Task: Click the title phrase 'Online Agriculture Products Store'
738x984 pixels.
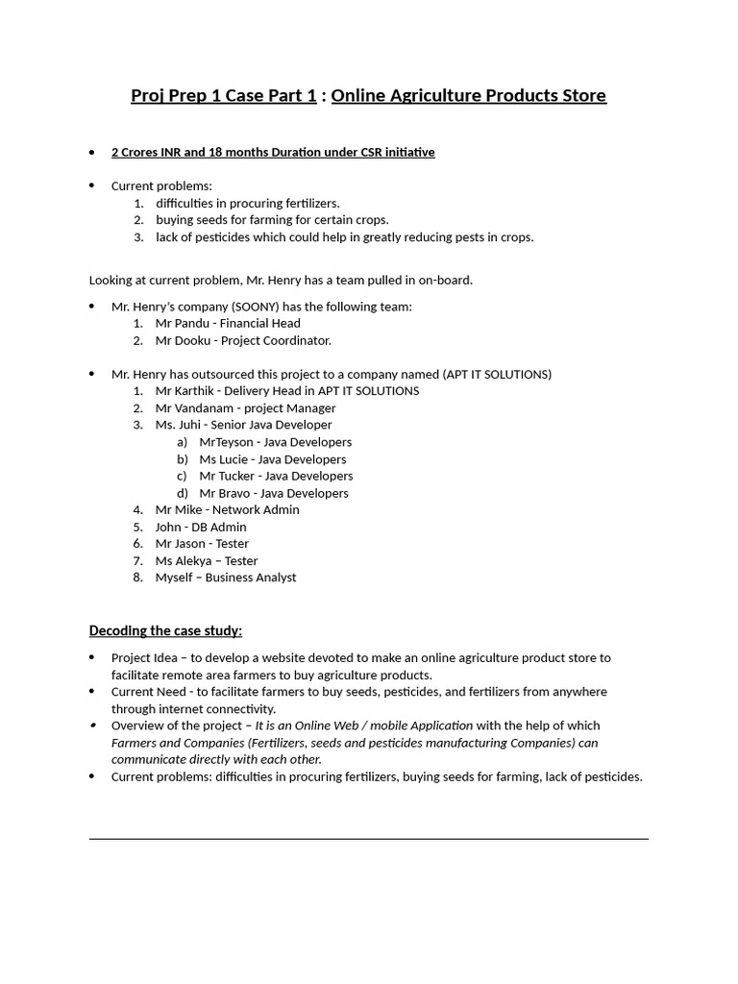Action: (x=469, y=95)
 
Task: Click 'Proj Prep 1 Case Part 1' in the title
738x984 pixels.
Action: (x=224, y=95)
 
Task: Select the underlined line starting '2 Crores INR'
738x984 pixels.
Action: (x=273, y=152)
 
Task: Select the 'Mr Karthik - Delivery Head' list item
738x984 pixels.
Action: (x=286, y=390)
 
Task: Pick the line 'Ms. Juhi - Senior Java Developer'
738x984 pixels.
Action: (x=243, y=425)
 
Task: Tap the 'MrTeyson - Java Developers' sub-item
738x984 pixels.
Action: (x=275, y=442)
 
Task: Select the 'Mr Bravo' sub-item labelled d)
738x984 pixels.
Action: (x=274, y=493)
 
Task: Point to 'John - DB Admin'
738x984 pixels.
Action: (x=201, y=527)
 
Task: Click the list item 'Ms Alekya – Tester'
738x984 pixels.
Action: (x=207, y=560)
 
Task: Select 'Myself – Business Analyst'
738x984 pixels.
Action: (x=226, y=578)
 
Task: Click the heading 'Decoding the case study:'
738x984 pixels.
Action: (x=165, y=630)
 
